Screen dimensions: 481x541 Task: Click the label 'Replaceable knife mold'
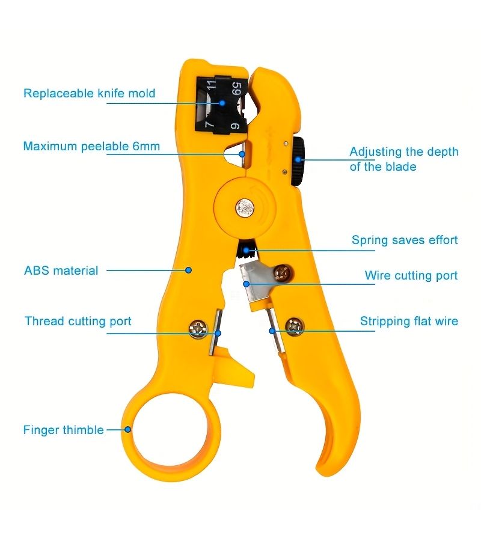(89, 94)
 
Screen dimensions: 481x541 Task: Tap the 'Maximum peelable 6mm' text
(91, 146)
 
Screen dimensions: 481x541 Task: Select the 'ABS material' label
(61, 270)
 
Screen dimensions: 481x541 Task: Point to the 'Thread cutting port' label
(78, 321)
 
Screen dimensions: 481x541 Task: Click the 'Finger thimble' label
(64, 430)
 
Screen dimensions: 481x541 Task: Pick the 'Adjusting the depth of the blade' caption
(403, 159)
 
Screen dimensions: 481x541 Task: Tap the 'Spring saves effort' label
(405, 240)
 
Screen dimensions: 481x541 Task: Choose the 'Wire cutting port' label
(411, 275)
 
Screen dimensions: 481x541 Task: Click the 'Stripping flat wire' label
(409, 321)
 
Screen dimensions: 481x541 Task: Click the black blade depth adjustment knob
(298, 161)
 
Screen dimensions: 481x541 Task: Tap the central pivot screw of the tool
(245, 208)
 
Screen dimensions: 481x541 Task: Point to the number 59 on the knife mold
(236, 89)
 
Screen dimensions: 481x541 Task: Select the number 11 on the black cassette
(211, 85)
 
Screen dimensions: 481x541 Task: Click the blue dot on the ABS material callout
(188, 270)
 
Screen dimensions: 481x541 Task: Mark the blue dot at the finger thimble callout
(127, 430)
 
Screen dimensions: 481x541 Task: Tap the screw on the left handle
(198, 329)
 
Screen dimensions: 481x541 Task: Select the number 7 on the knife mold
(209, 123)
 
